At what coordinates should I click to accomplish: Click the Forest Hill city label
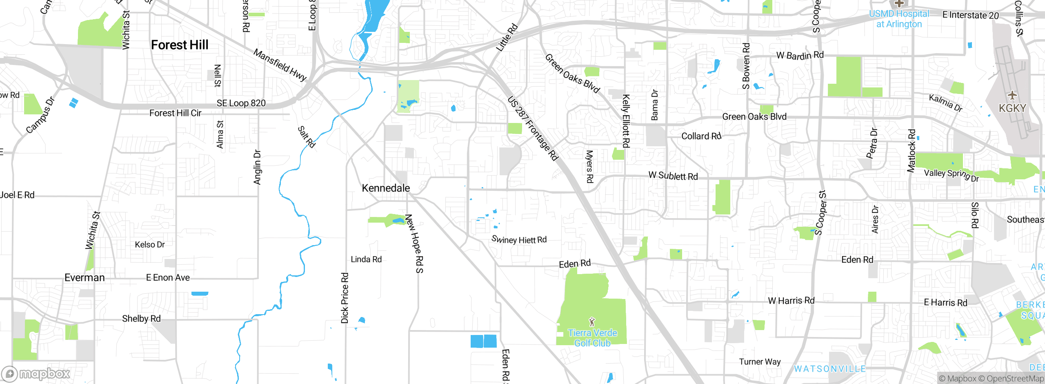[180, 45]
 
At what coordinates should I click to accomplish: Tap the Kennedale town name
[386, 188]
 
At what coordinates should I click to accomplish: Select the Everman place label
[84, 278]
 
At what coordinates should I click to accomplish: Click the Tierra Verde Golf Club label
[592, 338]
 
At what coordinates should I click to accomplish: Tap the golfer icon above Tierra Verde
[592, 322]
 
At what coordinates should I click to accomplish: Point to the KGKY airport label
[1012, 108]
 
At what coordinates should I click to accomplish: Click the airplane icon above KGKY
[1012, 96]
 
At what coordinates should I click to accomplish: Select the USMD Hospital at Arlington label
[899, 19]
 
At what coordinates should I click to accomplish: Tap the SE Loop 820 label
[241, 103]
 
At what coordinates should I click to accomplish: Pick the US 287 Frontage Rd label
[533, 128]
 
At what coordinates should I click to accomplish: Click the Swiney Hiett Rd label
[519, 240]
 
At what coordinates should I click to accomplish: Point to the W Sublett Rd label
[673, 176]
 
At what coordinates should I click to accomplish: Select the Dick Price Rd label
[345, 298]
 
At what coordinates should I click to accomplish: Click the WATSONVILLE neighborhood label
[829, 369]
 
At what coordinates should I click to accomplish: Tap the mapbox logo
[36, 373]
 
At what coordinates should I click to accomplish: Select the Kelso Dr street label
[150, 245]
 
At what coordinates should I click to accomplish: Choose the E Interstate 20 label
[970, 15]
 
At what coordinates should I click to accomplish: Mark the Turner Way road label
[760, 362]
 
